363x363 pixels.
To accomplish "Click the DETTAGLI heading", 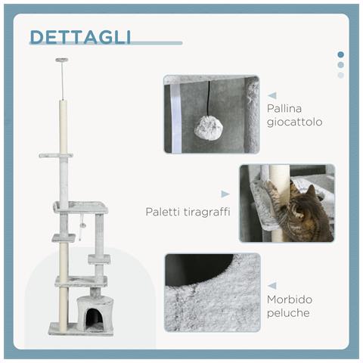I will (79, 38).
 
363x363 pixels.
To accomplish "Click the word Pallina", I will (284, 107).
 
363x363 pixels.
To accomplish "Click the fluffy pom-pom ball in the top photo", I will (207, 128).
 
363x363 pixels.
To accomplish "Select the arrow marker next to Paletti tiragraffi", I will (225, 194).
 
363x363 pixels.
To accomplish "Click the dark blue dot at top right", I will (340, 54).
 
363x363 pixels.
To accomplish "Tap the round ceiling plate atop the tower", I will (61, 60).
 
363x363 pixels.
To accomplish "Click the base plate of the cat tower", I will (82, 330).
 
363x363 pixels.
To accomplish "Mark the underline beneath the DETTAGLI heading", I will (106, 43).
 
